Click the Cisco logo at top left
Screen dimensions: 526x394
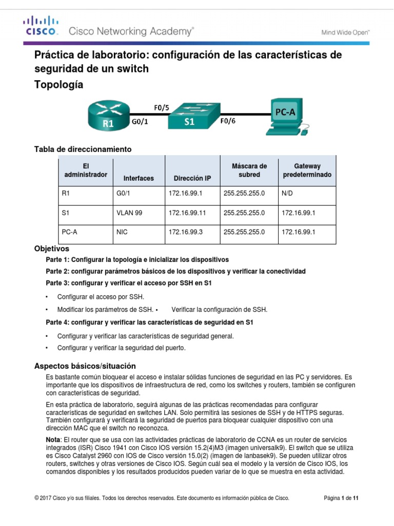42,26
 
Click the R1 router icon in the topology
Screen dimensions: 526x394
108,115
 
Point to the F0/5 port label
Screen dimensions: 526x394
162,107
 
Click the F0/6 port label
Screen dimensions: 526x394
229,121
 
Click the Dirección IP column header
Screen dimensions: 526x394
192,178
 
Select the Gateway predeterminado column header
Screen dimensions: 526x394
307,171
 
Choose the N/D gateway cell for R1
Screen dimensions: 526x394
288,194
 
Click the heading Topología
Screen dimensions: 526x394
58,84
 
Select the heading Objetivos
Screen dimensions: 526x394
51,249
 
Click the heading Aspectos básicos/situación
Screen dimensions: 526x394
85,366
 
